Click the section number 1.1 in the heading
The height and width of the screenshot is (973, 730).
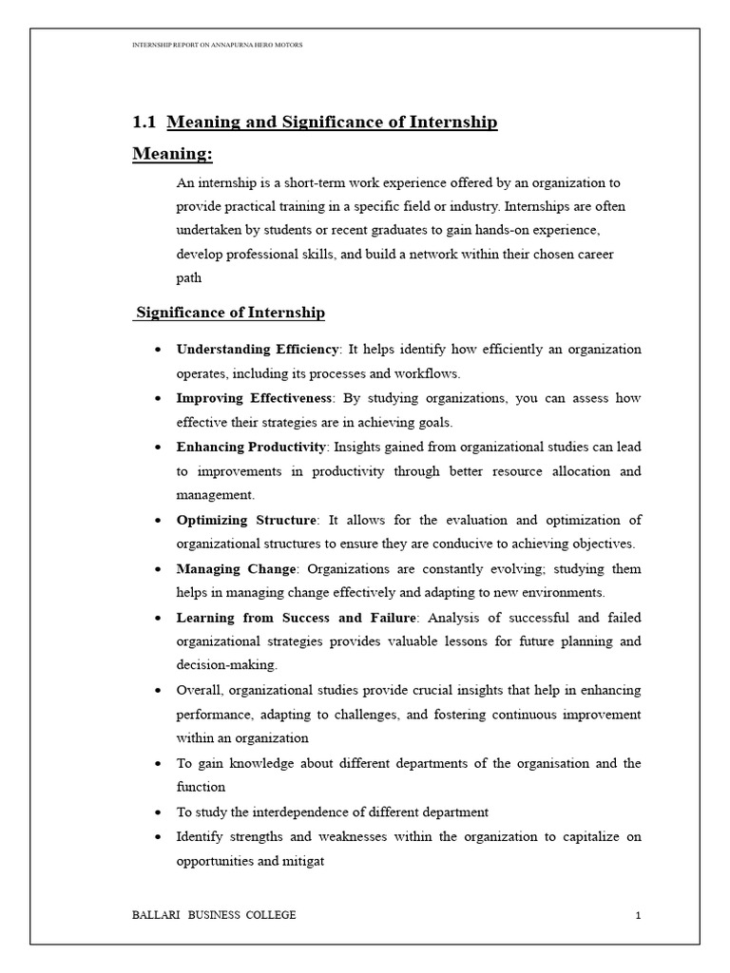pyautogui.click(x=144, y=123)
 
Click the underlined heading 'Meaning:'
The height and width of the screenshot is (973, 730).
pyautogui.click(x=172, y=154)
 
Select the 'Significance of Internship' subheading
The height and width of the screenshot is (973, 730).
pyautogui.click(x=231, y=313)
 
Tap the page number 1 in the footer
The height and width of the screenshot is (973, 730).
pyautogui.click(x=639, y=915)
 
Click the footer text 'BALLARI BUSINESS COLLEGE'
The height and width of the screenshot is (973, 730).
pyautogui.click(x=214, y=915)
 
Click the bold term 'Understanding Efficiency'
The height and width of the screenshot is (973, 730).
pyautogui.click(x=257, y=349)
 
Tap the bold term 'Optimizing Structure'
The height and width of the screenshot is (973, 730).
pyautogui.click(x=247, y=520)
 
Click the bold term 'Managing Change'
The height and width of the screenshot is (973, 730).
pyautogui.click(x=237, y=568)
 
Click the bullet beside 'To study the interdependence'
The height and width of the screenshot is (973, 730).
pyautogui.click(x=156, y=813)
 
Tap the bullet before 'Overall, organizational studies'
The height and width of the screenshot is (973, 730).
pyautogui.click(x=156, y=689)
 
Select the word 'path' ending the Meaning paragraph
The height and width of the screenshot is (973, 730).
pyautogui.click(x=189, y=278)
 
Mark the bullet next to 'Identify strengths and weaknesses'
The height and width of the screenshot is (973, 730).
pyautogui.click(x=156, y=837)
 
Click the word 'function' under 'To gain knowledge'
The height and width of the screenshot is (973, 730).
pyautogui.click(x=201, y=788)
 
